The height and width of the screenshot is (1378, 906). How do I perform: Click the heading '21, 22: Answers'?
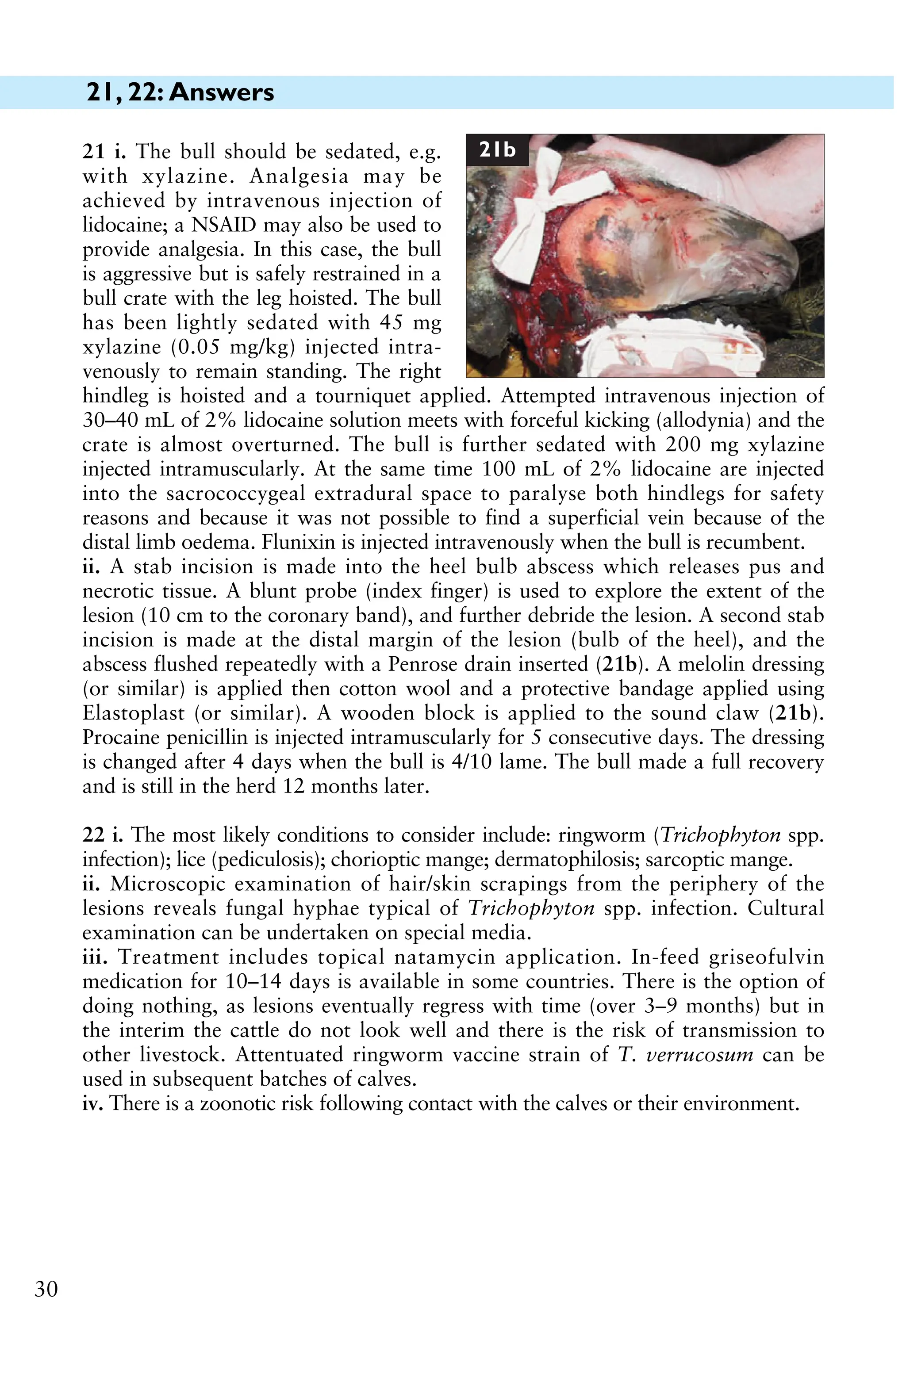click(x=180, y=92)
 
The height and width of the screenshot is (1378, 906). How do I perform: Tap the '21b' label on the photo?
click(x=498, y=150)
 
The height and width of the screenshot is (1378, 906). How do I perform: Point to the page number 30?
click(x=46, y=1290)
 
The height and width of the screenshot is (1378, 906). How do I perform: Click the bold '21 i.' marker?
click(x=104, y=152)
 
